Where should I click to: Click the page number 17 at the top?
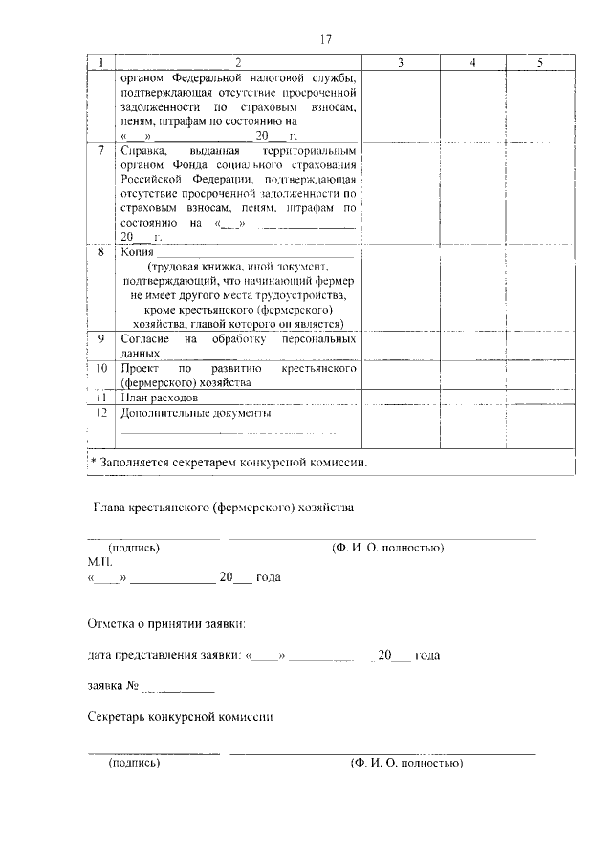pos(325,39)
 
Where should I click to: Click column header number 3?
pos(400,63)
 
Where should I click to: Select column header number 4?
pos(472,63)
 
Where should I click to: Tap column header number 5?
pos(540,63)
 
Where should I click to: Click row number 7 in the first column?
pos(101,151)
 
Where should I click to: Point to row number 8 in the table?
pos(101,251)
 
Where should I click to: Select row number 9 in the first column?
pos(101,339)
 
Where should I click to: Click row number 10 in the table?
pos(101,368)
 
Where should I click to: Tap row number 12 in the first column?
pos(101,413)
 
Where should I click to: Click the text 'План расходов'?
pos(160,397)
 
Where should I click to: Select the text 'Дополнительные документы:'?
pos(197,413)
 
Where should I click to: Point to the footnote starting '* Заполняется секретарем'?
pos(229,462)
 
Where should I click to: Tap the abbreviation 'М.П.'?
pos(99,563)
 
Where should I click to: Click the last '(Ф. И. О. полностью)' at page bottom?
pos(406,764)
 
